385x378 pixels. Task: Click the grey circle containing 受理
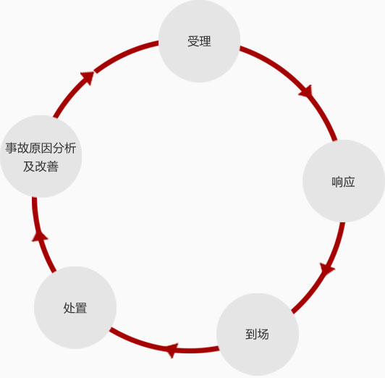(x=199, y=41)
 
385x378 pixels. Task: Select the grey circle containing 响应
(x=344, y=181)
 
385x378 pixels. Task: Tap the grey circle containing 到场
(x=258, y=335)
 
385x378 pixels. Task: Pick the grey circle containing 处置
(x=75, y=308)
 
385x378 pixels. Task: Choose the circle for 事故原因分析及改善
(x=41, y=156)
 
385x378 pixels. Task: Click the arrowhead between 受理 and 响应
(x=306, y=91)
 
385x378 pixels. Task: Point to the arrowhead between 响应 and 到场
(x=327, y=268)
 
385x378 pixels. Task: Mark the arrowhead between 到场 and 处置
(x=172, y=350)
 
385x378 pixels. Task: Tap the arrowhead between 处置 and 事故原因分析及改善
(x=40, y=236)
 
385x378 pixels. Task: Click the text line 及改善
(x=41, y=167)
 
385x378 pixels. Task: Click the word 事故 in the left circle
(x=17, y=148)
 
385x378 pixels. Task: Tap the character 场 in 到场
(x=263, y=335)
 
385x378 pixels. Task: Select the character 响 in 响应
(x=337, y=182)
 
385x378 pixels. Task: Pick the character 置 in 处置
(x=81, y=308)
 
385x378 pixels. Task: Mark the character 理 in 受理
(x=206, y=41)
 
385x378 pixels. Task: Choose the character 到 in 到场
(x=251, y=335)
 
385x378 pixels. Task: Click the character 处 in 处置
(x=69, y=308)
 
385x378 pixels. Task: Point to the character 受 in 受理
(x=193, y=41)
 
